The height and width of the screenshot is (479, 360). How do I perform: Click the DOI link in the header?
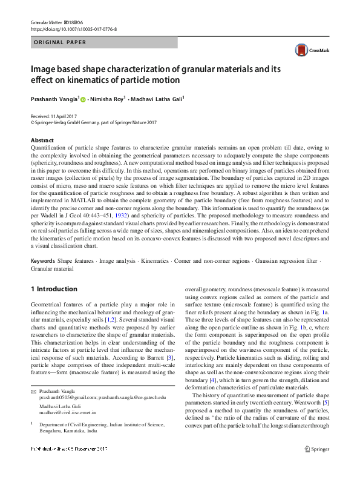tap(73, 29)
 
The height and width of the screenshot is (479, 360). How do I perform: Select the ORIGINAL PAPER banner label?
tap(59, 42)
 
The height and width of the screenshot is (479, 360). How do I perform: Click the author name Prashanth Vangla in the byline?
tap(54, 97)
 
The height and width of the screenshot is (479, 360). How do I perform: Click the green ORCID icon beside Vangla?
tap(83, 98)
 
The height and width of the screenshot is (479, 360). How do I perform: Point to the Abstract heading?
tap(42, 139)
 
